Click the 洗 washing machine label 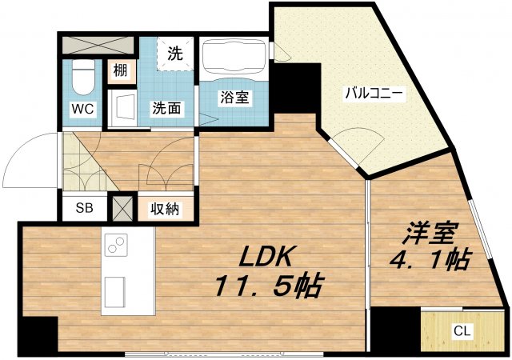(175, 54)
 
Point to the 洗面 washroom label (168, 106)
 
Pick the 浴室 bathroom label (234, 98)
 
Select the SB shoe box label (84, 208)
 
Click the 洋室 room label (429, 234)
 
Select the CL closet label (462, 330)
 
